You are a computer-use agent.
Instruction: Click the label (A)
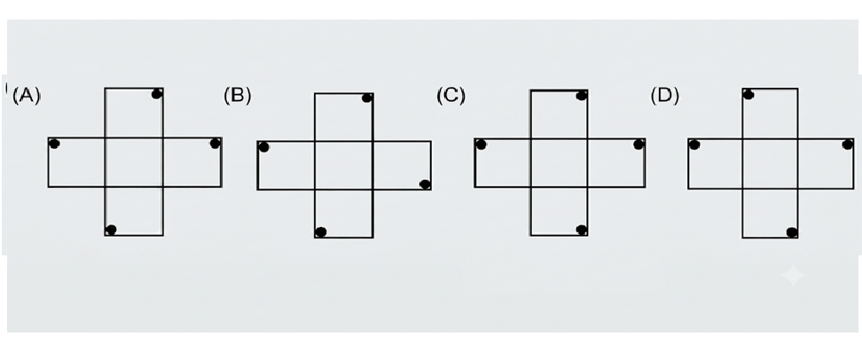pyautogui.click(x=26, y=96)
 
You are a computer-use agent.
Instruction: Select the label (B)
pyautogui.click(x=237, y=96)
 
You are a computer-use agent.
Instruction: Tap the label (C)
pyautogui.click(x=451, y=96)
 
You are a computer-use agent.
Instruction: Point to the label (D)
pyautogui.click(x=664, y=96)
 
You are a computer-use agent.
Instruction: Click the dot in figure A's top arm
pyautogui.click(x=157, y=93)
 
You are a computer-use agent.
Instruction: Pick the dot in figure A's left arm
pyautogui.click(x=54, y=144)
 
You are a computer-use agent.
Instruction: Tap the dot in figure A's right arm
pyautogui.click(x=215, y=144)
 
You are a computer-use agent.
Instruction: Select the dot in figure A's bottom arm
pyautogui.click(x=111, y=230)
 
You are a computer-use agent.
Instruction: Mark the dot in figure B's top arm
pyautogui.click(x=367, y=98)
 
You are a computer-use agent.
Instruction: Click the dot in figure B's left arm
pyautogui.click(x=264, y=146)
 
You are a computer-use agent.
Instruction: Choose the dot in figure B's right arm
pyautogui.click(x=425, y=184)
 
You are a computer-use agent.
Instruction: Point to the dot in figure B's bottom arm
pyautogui.click(x=321, y=232)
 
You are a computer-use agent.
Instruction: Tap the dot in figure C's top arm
pyautogui.click(x=581, y=96)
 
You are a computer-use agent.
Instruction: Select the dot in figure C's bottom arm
pyautogui.click(x=581, y=230)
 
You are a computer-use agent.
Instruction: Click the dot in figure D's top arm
pyautogui.click(x=748, y=95)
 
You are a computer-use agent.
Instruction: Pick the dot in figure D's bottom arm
pyautogui.click(x=792, y=232)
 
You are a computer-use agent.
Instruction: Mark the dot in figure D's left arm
pyautogui.click(x=694, y=145)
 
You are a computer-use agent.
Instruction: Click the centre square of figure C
pyautogui.click(x=559, y=162)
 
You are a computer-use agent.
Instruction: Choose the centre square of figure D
pyautogui.click(x=770, y=163)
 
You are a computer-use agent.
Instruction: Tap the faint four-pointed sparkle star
pyautogui.click(x=794, y=275)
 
